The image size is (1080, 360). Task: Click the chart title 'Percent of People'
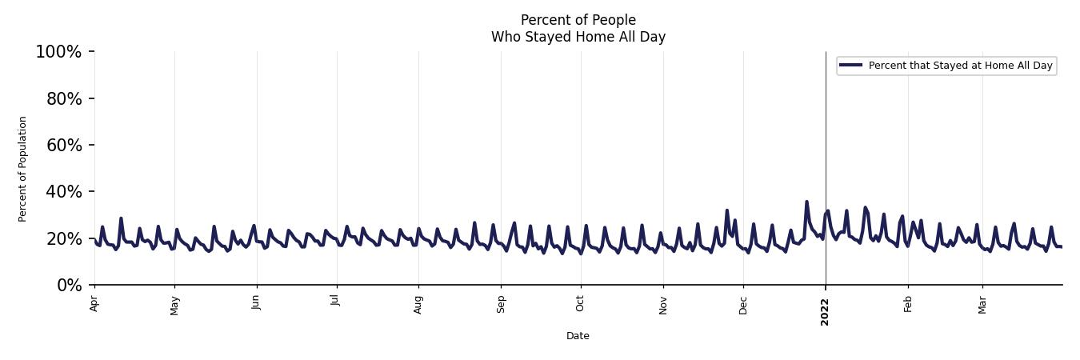[x=578, y=20]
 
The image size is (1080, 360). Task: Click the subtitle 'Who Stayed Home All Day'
[x=578, y=37]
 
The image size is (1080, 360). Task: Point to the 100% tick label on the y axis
[x=58, y=52]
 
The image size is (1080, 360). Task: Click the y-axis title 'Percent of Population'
[x=23, y=169]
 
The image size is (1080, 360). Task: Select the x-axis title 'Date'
[x=578, y=336]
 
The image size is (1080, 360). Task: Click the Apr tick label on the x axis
[x=94, y=303]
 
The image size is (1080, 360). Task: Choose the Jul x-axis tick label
[x=336, y=302]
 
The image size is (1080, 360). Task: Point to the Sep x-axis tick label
[x=501, y=304]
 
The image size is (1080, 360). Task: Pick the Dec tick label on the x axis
[x=743, y=304]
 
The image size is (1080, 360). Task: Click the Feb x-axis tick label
[x=908, y=304]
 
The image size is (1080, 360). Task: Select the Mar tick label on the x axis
[x=982, y=304]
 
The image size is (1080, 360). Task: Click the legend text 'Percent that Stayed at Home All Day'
[x=960, y=66]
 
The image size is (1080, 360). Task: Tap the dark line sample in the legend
[x=850, y=66]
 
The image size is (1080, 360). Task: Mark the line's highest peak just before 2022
[x=806, y=202]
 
